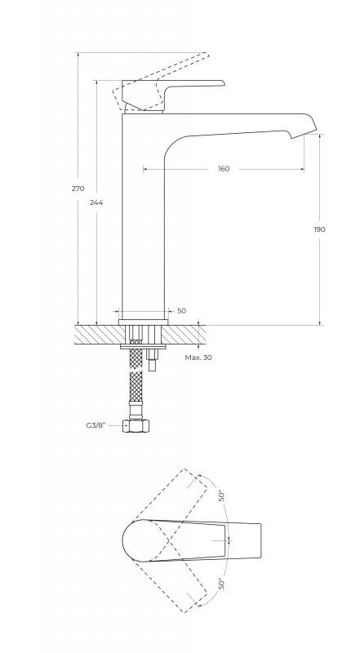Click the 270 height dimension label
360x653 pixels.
(x=78, y=189)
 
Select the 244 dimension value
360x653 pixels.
(x=96, y=202)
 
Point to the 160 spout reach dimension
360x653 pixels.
(x=224, y=169)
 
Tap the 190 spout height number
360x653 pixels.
(x=319, y=229)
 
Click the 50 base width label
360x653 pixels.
(x=182, y=311)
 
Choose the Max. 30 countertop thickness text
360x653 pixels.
(x=198, y=358)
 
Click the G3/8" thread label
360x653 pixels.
(x=96, y=425)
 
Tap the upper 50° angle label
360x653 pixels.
(x=223, y=495)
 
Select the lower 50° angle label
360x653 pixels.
(x=222, y=584)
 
